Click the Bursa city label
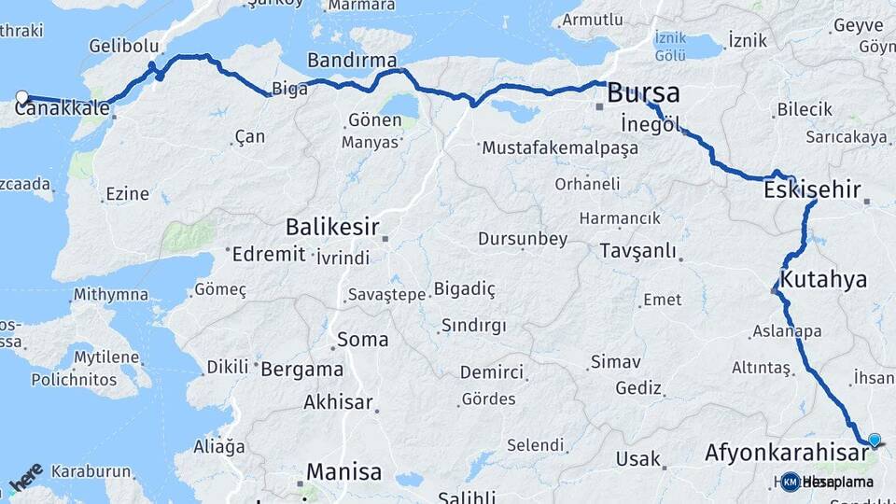coord(643,93)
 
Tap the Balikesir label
coord(331,226)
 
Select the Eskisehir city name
coord(811,190)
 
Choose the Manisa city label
coord(346,470)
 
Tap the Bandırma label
coord(352,60)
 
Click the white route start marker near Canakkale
coord(22,96)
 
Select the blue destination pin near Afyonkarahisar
coord(875,440)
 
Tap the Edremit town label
coord(269,254)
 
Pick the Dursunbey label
coord(522,239)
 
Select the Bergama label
coord(301,369)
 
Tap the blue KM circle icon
coord(791,482)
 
